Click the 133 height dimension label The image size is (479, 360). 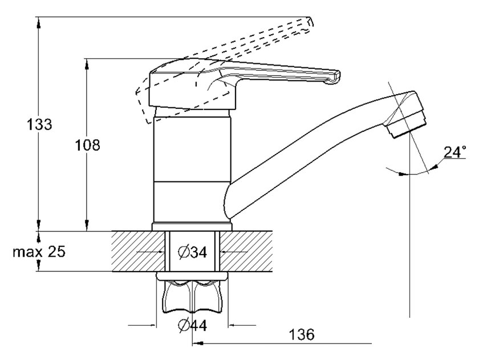click(x=39, y=124)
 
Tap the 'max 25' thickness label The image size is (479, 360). click(x=39, y=252)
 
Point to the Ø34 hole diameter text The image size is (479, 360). click(x=192, y=252)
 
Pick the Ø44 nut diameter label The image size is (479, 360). click(x=192, y=325)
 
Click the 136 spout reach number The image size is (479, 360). click(x=302, y=335)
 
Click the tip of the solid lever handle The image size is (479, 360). click(x=335, y=77)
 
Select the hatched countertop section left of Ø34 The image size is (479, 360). click(x=137, y=252)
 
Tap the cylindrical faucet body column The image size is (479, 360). click(x=192, y=165)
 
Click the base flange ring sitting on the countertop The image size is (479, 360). click(x=192, y=227)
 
